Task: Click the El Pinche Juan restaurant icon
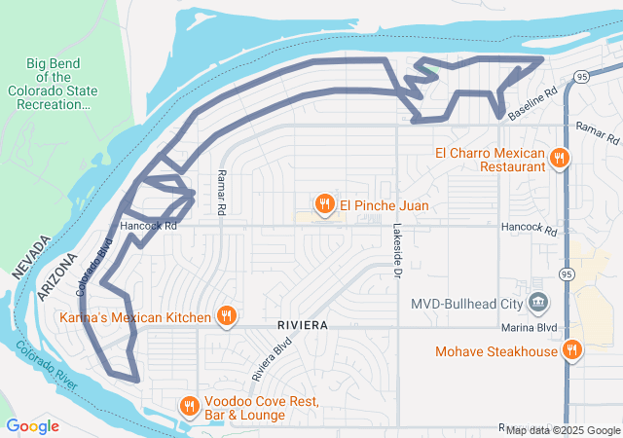click(x=324, y=204)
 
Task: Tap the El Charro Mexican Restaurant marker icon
click(x=559, y=158)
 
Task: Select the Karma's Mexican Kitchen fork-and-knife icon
click(x=226, y=316)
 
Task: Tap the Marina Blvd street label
click(x=529, y=327)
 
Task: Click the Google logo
click(x=32, y=426)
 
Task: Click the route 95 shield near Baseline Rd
click(x=581, y=76)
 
